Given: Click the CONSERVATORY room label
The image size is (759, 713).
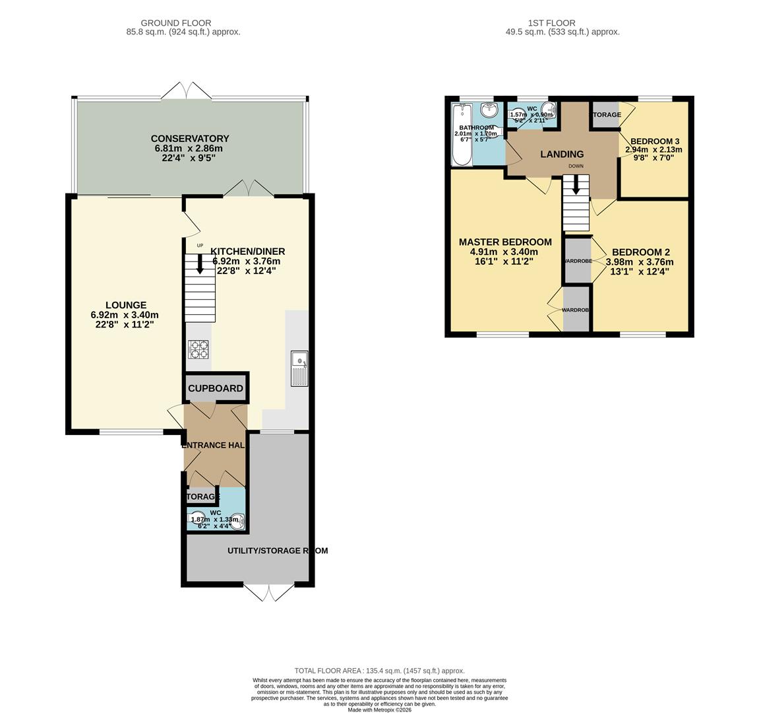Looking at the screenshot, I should coord(190,139).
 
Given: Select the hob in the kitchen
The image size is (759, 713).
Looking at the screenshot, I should coord(198,349).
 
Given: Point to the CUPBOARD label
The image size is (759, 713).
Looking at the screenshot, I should coord(216,389).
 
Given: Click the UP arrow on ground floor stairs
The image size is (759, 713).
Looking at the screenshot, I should coord(200,264).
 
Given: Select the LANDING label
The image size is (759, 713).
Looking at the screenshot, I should coord(562,154).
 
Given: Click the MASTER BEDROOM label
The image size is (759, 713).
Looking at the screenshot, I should coord(505,242).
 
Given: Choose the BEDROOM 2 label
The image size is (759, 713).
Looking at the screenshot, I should coord(640,252).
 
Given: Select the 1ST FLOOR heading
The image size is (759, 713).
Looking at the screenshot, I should coord(553,22).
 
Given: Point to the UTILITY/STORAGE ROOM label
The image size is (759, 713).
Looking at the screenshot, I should coord(277,551).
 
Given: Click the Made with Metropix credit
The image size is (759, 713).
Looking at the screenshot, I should coord(379,710).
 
